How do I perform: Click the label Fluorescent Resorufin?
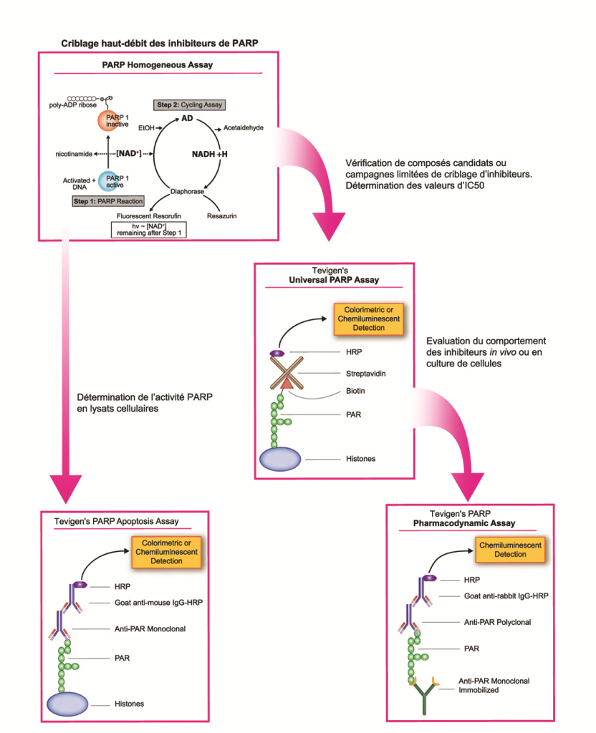tap(149, 215)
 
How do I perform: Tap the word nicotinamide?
tap(77, 154)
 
